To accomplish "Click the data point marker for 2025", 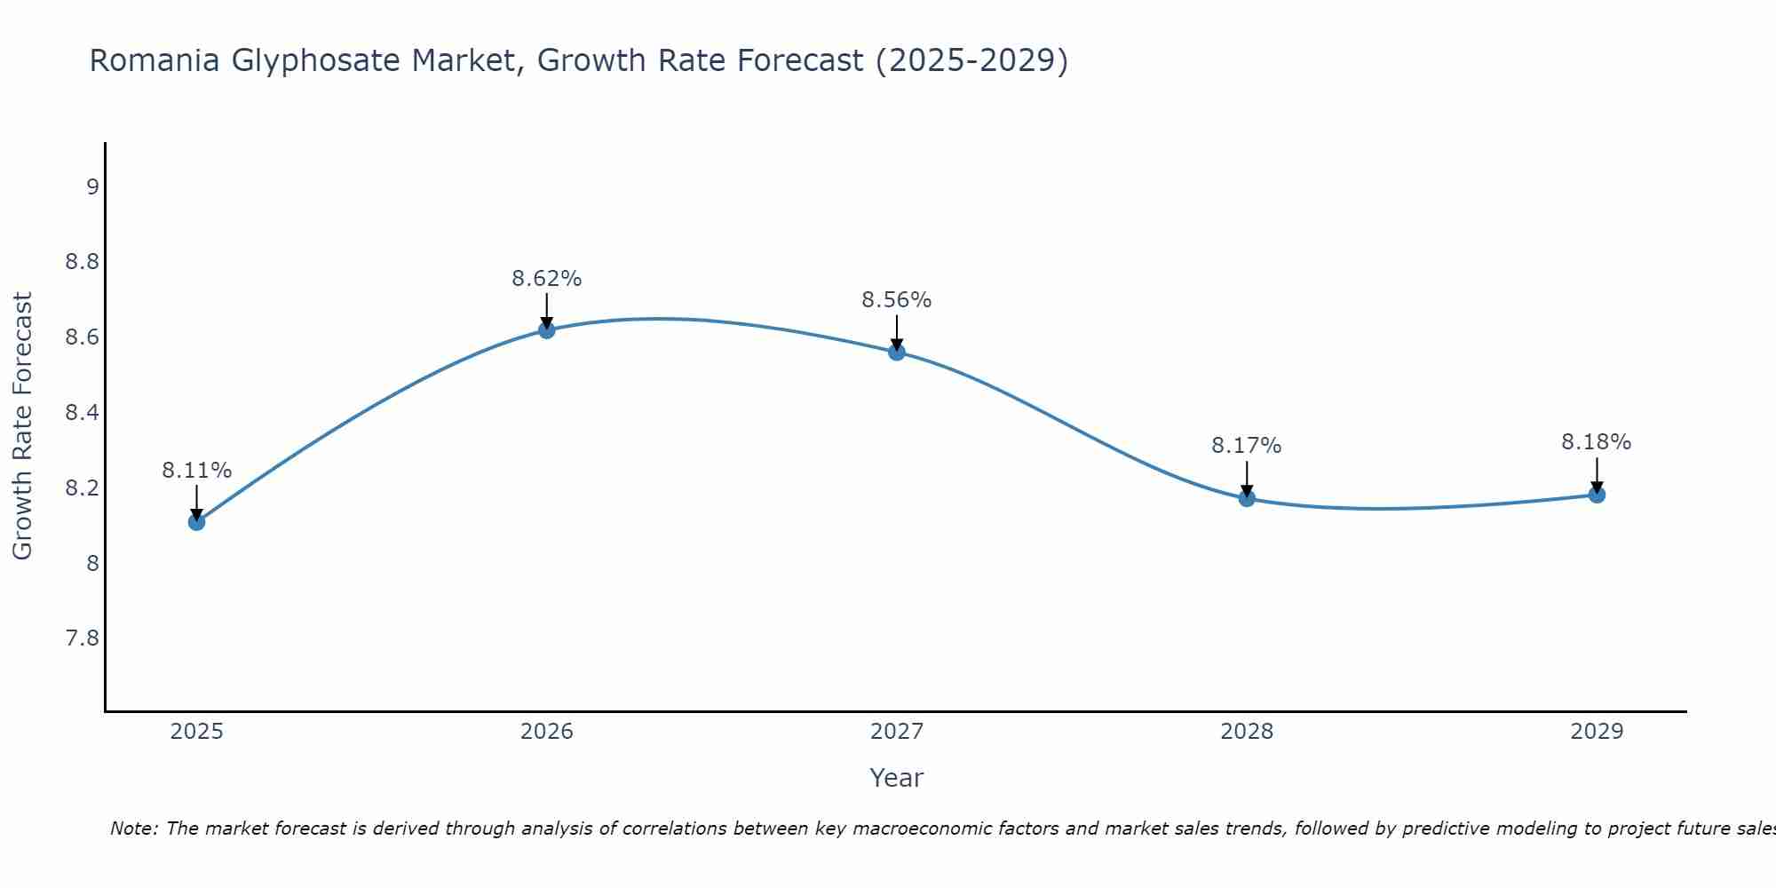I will click(197, 522).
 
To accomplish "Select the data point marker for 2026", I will click(547, 330).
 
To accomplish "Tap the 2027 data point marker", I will click(897, 353).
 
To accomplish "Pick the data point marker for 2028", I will click(1247, 498).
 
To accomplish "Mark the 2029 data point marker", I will click(1597, 495).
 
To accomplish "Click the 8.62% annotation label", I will click(547, 279).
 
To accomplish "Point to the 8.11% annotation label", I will click(197, 471).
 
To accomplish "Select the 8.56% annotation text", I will click(897, 300).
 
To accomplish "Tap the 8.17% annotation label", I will click(1247, 446).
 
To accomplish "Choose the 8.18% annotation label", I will click(1597, 442).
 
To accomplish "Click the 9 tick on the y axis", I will click(92, 187).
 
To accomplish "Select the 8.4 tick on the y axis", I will click(83, 413).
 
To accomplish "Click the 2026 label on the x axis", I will click(547, 732).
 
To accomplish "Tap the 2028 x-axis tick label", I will click(1247, 732).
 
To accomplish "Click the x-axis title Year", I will click(897, 778).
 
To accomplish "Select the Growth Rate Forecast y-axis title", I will click(22, 426).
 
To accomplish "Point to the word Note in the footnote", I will click(133, 829).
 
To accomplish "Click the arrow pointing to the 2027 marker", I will click(897, 332).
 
